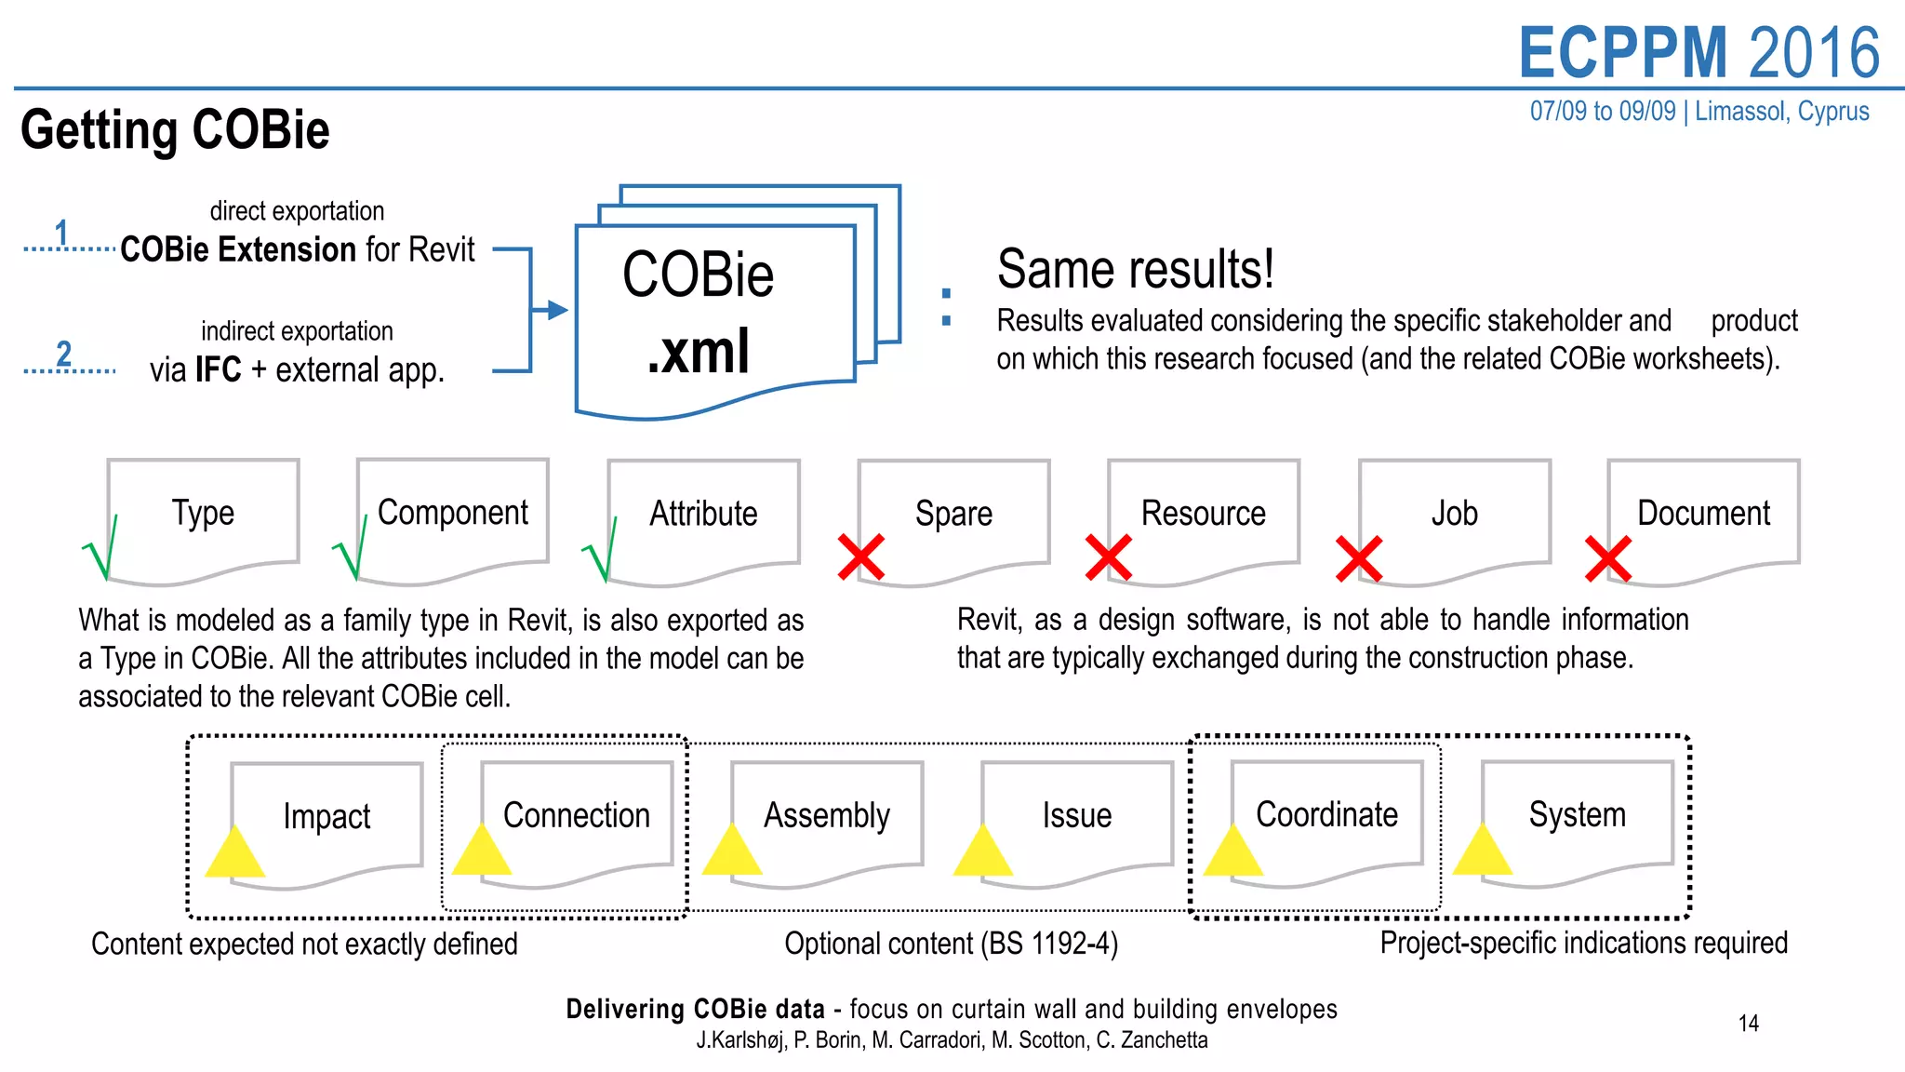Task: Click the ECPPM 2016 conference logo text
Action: point(1699,53)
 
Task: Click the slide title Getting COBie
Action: point(175,129)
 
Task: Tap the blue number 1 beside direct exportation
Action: point(61,233)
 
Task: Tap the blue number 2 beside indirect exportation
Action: point(63,354)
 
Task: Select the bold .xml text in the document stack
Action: point(699,352)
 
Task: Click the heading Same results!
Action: point(1135,269)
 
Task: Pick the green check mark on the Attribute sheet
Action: point(602,551)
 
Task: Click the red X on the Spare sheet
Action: point(860,557)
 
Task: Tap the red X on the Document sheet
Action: point(1608,559)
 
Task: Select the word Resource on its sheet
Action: point(1203,514)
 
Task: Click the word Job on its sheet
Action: point(1454,514)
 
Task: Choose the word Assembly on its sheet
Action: point(827,815)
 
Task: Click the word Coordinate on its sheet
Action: point(1326,814)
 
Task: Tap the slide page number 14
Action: point(1748,1024)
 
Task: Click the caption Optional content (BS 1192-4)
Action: point(951,944)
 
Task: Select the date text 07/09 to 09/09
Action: point(1602,112)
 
